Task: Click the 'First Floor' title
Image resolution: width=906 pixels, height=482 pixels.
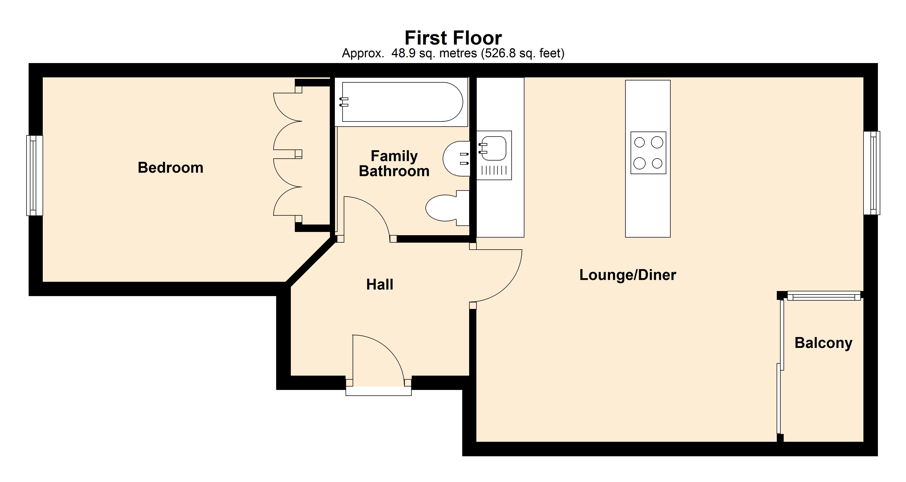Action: [453, 38]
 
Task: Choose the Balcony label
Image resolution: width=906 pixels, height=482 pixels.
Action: [823, 343]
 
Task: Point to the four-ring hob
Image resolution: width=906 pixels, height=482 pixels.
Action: [648, 153]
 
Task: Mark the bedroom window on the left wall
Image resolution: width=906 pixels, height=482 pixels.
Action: [34, 176]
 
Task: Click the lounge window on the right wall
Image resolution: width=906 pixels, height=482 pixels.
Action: [872, 173]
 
